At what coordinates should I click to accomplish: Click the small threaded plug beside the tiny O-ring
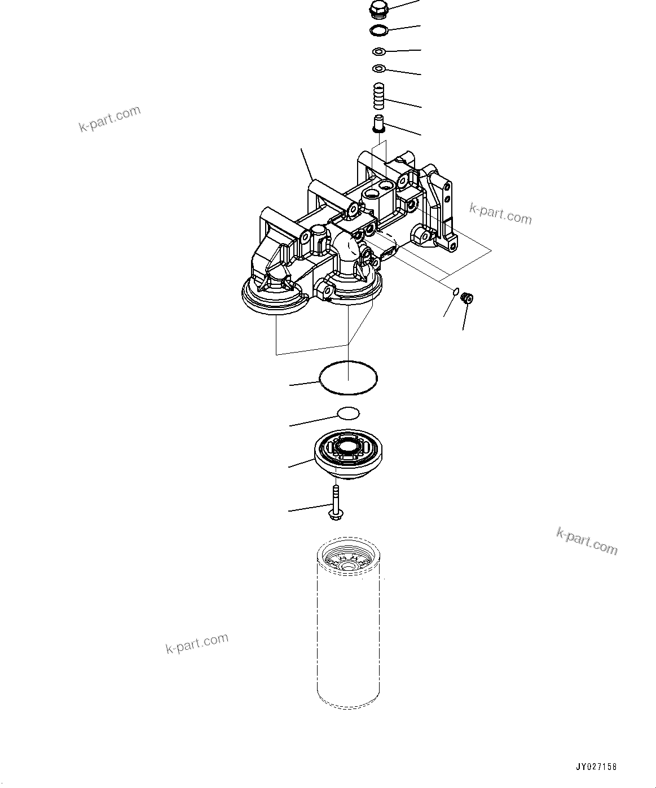pos(466,298)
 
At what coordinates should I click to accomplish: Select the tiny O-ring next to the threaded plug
pos(455,291)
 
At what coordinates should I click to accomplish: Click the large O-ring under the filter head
pos(348,377)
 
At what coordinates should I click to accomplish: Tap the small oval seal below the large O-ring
pos(348,413)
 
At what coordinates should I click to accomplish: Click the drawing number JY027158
pos(596,767)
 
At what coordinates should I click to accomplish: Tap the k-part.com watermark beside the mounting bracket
pos(500,214)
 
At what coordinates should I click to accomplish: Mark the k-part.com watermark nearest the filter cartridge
pos(197,642)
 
